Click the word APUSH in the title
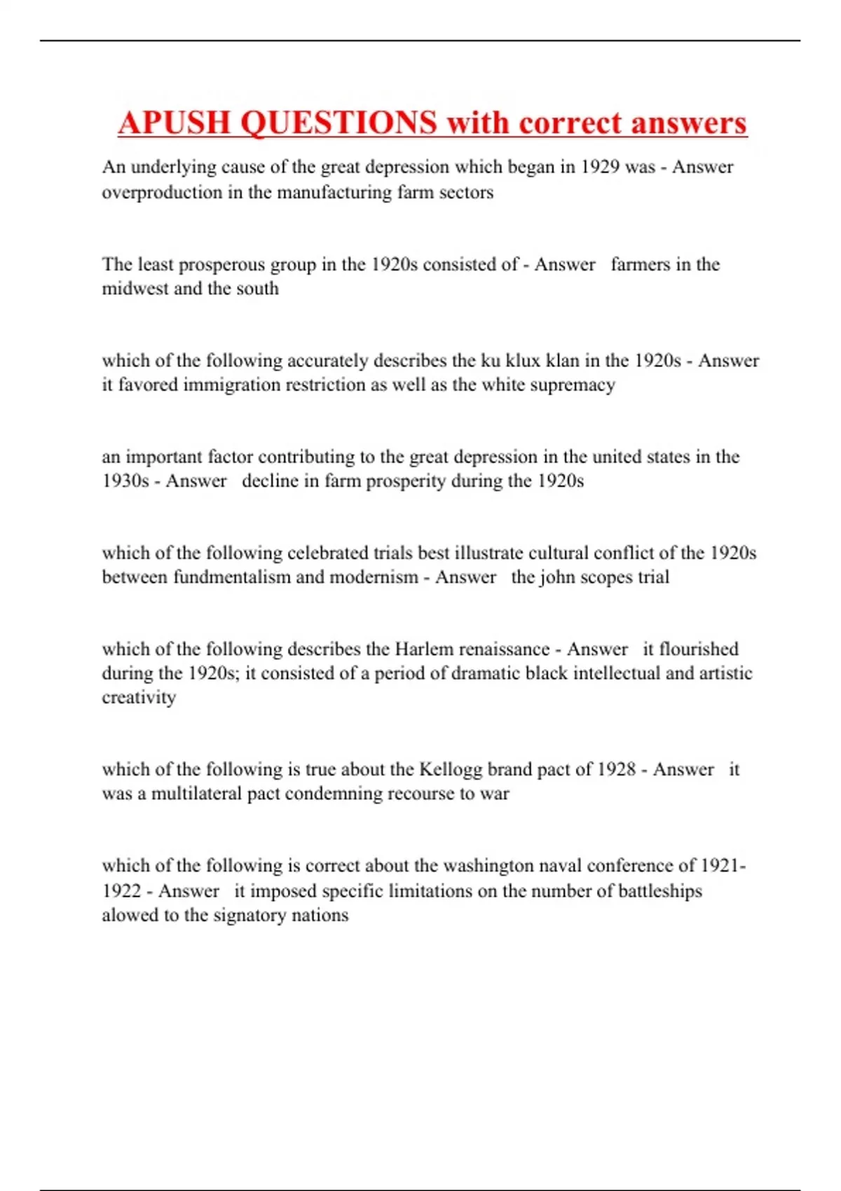(175, 123)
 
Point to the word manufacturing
(334, 193)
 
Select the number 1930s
(125, 481)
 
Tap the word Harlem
(424, 649)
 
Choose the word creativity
(139, 698)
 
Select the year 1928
(616, 770)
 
